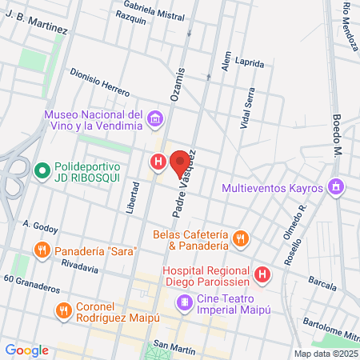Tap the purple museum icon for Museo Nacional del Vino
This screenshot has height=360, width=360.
click(155, 122)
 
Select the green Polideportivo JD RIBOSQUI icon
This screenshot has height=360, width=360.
click(42, 170)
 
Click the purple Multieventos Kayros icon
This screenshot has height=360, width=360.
click(338, 188)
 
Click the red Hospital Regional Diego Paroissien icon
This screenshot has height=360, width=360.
click(263, 275)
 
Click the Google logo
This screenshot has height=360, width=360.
click(26, 350)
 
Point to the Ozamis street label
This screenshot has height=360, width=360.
click(178, 84)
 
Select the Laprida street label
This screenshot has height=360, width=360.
click(249, 61)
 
